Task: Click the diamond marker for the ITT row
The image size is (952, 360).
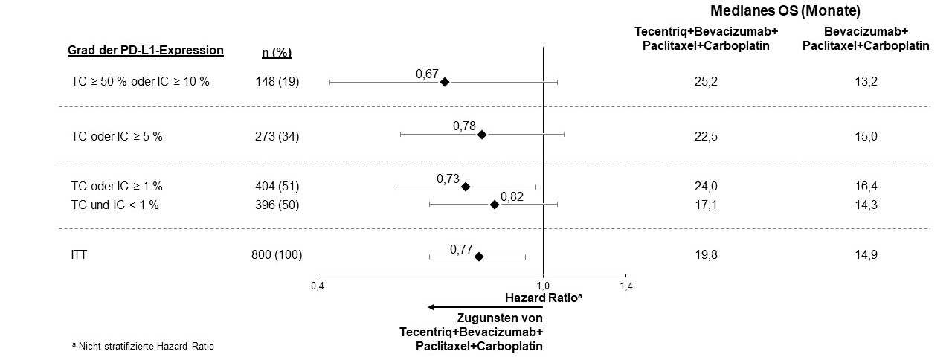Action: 479,257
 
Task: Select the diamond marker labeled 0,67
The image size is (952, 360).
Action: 445,82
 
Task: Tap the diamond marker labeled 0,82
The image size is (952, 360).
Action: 495,205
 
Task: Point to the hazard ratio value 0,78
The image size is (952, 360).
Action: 464,126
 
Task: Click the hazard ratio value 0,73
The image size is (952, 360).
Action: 448,179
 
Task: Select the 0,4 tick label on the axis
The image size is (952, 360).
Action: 318,286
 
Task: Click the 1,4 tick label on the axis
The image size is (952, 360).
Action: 625,286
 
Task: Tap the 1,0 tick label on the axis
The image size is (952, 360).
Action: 543,286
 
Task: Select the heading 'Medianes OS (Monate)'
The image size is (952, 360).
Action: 785,11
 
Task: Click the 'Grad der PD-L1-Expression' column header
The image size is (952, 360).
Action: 146,51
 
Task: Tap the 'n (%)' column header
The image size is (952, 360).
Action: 277,52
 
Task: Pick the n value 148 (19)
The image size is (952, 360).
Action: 276,82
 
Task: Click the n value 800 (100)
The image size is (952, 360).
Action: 277,256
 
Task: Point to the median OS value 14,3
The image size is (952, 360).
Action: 866,205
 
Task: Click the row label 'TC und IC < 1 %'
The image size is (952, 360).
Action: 115,205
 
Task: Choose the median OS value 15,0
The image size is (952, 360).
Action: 866,135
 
